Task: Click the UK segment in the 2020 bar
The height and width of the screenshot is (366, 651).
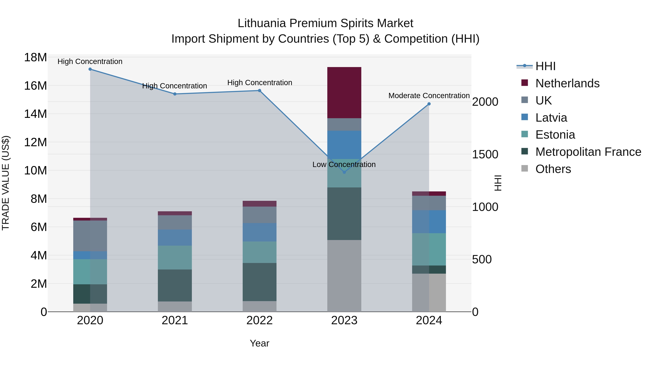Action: pos(90,236)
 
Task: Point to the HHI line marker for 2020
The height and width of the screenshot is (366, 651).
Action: pos(90,69)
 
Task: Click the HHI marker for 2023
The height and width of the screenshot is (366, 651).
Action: pos(344,172)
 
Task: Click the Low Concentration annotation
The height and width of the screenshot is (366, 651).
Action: pos(344,164)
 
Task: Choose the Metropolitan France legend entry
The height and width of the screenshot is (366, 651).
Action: pos(588,152)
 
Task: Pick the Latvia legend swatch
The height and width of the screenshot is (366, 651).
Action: pos(524,117)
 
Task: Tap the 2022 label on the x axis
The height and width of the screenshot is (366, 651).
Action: pos(259,320)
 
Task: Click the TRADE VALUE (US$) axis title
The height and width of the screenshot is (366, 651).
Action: pos(6,183)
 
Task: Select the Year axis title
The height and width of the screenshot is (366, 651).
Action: pos(259,343)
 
